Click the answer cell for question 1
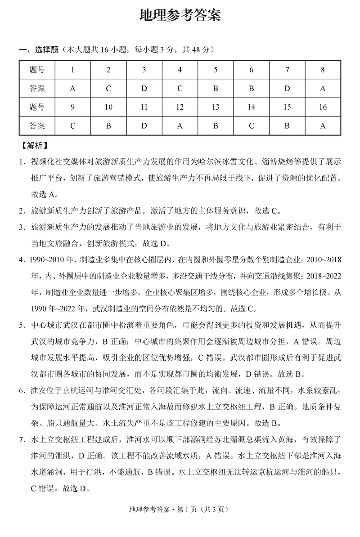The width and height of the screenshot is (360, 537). click(73, 89)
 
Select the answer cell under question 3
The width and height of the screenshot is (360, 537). click(144, 89)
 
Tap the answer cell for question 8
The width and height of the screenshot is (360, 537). click(323, 89)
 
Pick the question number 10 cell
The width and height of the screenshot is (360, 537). click(108, 107)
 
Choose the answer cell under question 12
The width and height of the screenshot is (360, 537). click(180, 126)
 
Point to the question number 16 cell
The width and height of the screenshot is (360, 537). click(323, 107)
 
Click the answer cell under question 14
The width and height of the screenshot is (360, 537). click(251, 126)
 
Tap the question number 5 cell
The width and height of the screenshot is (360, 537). click(216, 70)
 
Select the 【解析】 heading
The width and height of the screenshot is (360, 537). click(34, 146)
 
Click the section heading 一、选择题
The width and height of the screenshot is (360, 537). click(39, 50)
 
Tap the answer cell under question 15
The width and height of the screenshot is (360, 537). click(287, 126)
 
